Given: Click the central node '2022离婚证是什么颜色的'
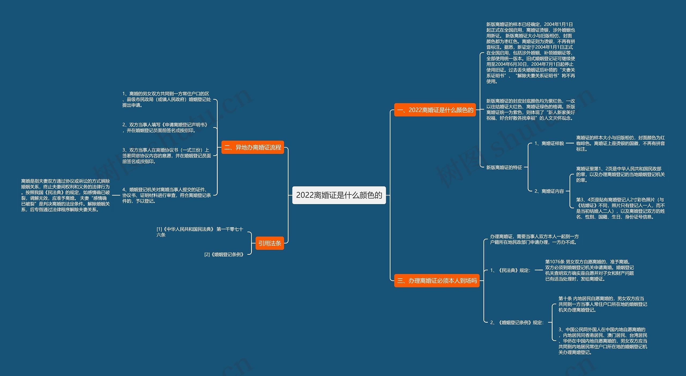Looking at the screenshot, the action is [x=339, y=195].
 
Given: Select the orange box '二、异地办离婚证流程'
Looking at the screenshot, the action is [x=253, y=147].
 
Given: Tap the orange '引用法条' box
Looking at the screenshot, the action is [x=270, y=243].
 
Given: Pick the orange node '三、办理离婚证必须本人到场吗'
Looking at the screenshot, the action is [x=437, y=281].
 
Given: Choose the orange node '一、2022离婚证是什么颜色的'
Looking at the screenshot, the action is [x=435, y=110].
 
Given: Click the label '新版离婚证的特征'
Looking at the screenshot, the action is [x=504, y=167].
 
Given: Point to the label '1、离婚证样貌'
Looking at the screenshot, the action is [x=549, y=143].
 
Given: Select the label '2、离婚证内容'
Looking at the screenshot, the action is [x=549, y=191].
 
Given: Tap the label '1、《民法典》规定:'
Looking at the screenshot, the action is [x=510, y=270].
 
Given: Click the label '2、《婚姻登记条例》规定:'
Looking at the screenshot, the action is [x=517, y=322].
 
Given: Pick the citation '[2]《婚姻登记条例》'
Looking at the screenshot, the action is [x=224, y=255].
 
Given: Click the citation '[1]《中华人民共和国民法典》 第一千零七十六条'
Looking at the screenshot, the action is [x=200, y=232].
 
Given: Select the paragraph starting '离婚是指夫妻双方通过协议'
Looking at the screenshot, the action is [x=66, y=195].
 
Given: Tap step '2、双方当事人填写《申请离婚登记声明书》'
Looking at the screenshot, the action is [x=165, y=127].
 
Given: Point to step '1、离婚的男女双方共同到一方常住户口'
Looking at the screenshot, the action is [x=167, y=99].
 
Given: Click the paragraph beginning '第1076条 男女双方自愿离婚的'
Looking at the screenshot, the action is [x=590, y=270].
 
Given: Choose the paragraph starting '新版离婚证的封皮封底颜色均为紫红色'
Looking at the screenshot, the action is [x=531, y=109].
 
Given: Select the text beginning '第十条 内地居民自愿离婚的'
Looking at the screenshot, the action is [x=603, y=304].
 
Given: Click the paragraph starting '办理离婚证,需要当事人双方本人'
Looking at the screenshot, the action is [x=534, y=239].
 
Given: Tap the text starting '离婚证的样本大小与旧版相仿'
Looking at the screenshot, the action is [x=621, y=143].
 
